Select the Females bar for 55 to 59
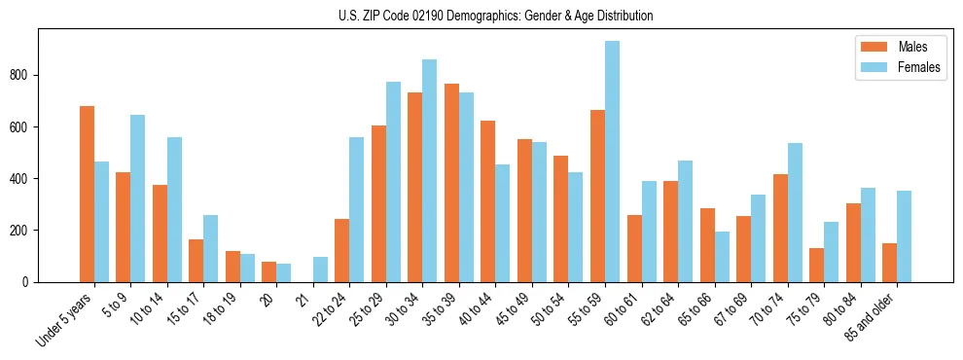click(x=612, y=162)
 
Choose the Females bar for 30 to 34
click(x=429, y=170)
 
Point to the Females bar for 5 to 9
click(x=137, y=198)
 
